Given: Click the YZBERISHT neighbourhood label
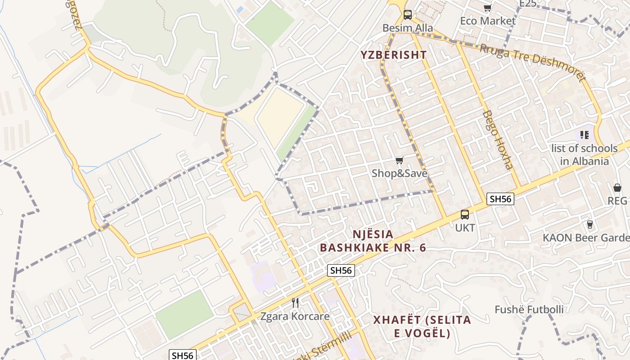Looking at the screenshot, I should (x=393, y=55).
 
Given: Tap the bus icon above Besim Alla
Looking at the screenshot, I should (x=407, y=15).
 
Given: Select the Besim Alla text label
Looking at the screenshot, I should (x=408, y=28).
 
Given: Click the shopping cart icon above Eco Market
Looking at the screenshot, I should (x=487, y=8).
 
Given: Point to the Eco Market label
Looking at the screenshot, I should (x=488, y=21).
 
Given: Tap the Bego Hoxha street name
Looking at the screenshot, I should (x=497, y=139).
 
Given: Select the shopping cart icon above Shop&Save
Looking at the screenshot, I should (x=399, y=160).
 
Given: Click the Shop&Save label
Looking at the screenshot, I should (x=399, y=173).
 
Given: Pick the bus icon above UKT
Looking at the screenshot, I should (x=464, y=215).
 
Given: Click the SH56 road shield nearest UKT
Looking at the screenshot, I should (x=500, y=199).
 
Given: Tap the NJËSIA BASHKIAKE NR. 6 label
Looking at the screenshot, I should (x=373, y=241).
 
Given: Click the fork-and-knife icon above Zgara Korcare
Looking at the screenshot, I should (x=295, y=302).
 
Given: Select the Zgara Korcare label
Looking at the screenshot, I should (x=295, y=316).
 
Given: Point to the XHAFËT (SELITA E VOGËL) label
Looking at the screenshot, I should (x=422, y=327).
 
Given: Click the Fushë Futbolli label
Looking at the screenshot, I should (x=529, y=310).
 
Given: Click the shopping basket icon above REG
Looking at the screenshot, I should (x=617, y=188).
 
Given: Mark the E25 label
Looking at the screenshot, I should (x=527, y=4).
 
